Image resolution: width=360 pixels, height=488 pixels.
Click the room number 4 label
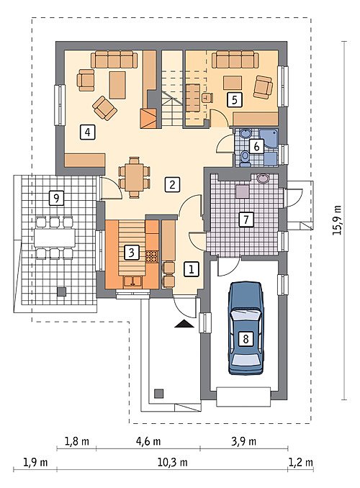pos(88,132)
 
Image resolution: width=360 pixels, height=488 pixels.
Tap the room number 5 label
pos(235,99)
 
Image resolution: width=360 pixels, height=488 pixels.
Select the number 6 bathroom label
pos(256,146)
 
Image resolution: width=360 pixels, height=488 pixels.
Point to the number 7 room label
pos(246,219)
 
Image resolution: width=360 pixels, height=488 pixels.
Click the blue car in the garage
pos(246,327)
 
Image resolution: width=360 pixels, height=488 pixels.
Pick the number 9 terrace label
pos(56,198)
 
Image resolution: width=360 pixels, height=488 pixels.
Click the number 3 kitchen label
pos(132,252)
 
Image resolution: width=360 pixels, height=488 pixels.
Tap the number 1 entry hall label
pos(192,269)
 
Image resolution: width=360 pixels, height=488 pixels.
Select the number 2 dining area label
pos(172,184)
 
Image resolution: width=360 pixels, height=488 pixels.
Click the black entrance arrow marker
pos(184,324)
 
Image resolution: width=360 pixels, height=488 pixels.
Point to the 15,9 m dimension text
pos(337,220)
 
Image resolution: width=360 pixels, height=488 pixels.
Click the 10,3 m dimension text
pos(173,463)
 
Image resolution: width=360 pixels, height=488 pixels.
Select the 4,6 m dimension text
pos(148,441)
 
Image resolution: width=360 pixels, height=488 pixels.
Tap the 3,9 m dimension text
pos(244,441)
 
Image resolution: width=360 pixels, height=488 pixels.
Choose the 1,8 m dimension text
pos(76,441)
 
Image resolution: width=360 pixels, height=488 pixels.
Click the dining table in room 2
pos(135,177)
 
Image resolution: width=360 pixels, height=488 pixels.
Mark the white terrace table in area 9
pos(55,238)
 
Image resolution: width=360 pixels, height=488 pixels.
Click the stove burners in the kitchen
pos(152,256)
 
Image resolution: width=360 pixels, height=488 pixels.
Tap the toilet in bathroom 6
pos(245,157)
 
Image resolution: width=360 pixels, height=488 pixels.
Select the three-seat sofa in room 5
pos(235,60)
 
